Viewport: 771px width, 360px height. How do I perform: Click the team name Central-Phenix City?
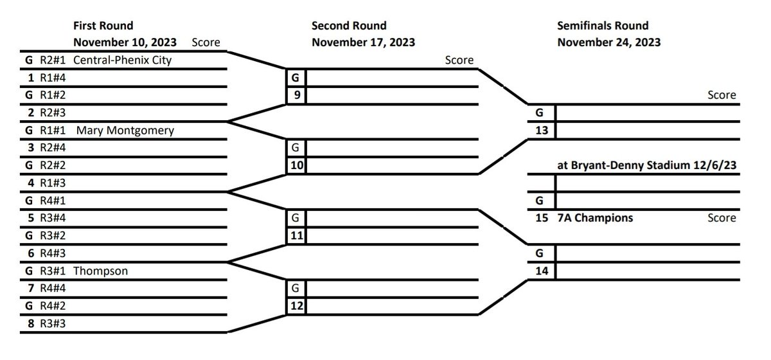(122, 60)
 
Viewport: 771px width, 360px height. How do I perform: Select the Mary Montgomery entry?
(125, 130)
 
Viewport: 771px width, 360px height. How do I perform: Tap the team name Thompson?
(100, 271)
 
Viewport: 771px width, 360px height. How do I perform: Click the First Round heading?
(103, 26)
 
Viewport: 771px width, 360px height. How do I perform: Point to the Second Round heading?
(349, 26)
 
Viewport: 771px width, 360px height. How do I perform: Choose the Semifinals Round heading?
(603, 26)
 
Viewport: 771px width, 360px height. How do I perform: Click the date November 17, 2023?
(364, 42)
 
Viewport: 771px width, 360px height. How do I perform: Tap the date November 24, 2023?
(609, 42)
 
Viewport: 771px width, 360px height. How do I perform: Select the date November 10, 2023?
(125, 42)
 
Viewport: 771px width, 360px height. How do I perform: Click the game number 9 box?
(297, 95)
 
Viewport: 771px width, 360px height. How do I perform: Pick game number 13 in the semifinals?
(542, 130)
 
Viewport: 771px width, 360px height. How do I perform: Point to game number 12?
(297, 306)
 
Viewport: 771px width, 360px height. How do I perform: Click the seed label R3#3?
(53, 324)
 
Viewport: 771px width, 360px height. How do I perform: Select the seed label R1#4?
(53, 78)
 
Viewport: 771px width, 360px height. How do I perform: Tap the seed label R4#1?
(53, 201)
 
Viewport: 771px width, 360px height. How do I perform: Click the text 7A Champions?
(595, 218)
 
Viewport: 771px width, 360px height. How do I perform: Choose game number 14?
(542, 271)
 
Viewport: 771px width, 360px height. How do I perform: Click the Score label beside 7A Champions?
(722, 218)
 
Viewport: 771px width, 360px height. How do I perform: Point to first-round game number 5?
(31, 218)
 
